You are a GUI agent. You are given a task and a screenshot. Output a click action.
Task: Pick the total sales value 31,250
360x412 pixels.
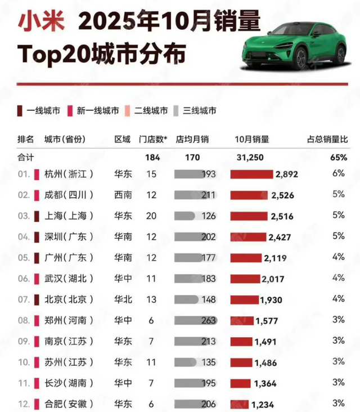tap(249, 158)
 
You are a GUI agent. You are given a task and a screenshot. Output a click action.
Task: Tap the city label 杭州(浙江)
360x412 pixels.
tap(69, 174)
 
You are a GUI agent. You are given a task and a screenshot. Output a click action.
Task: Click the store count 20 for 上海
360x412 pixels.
tap(151, 216)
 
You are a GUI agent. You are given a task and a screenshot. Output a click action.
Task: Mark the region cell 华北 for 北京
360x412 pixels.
tap(123, 299)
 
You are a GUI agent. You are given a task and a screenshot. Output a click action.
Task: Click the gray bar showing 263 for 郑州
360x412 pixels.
tap(195, 320)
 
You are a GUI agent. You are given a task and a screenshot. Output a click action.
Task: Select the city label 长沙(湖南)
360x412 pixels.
tap(69, 383)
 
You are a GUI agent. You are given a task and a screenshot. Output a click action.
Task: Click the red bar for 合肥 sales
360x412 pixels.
tap(239, 404)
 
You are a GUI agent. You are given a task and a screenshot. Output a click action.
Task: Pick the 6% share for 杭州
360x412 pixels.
tap(338, 174)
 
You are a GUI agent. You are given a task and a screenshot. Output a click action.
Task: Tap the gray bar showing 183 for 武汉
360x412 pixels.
tap(195, 279)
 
